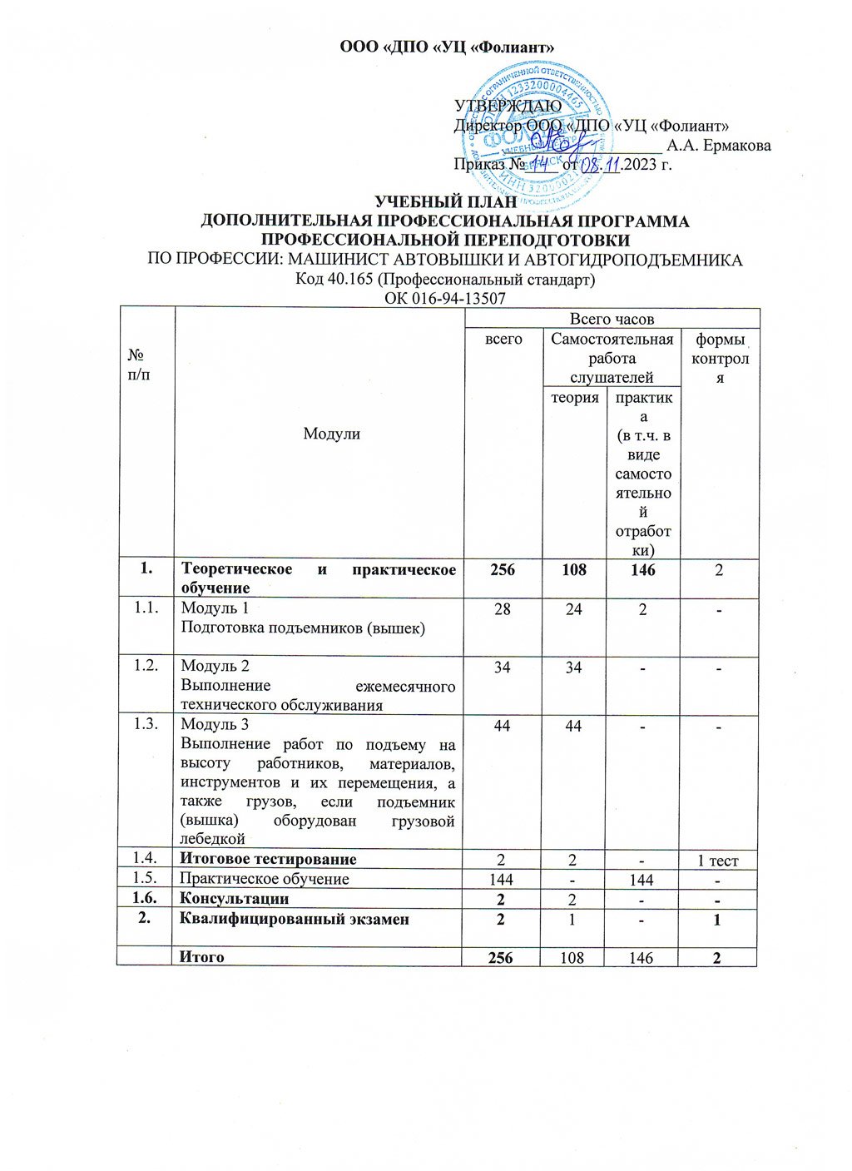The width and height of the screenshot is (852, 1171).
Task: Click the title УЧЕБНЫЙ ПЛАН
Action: click(x=446, y=202)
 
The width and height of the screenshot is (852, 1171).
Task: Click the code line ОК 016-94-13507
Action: click(x=446, y=298)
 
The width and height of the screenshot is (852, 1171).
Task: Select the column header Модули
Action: click(x=331, y=434)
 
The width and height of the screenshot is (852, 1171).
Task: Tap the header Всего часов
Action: click(x=612, y=319)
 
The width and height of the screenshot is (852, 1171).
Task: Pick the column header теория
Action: click(x=575, y=398)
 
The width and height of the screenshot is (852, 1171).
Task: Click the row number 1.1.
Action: click(x=146, y=608)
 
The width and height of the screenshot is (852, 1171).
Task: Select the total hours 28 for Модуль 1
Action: click(x=503, y=609)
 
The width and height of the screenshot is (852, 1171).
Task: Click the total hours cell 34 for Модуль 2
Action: click(x=503, y=667)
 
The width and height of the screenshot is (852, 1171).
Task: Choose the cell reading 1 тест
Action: click(x=717, y=861)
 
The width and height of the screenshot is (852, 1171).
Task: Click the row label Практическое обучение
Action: click(x=265, y=879)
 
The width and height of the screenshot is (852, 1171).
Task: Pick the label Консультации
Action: click(x=235, y=899)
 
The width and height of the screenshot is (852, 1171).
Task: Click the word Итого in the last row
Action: click(x=203, y=957)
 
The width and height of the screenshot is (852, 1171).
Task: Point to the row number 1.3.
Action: click(x=146, y=725)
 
